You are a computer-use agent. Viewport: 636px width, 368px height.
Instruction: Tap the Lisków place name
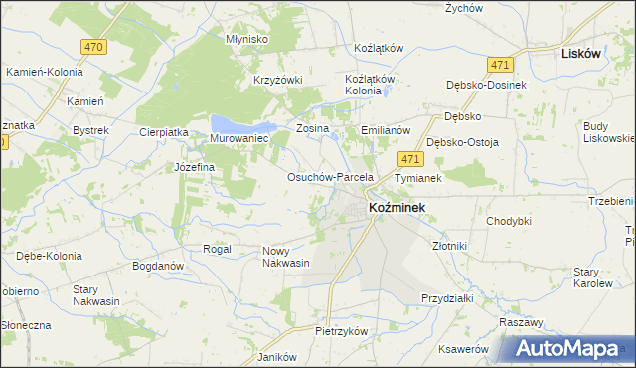pos(581,54)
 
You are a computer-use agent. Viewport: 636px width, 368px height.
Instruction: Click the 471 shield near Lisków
pos(499,64)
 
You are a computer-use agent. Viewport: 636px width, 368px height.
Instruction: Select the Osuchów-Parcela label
pos(329,177)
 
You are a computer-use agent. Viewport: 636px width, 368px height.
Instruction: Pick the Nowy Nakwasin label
pos(285,257)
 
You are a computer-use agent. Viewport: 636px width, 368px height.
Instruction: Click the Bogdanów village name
pos(158,267)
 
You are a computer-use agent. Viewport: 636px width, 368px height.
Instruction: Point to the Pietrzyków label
pos(342,330)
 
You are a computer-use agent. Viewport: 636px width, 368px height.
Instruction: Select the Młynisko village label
pos(247,39)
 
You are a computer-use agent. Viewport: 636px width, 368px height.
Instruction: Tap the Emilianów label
pos(386,130)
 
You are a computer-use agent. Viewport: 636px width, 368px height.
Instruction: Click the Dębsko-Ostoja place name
pos(462,142)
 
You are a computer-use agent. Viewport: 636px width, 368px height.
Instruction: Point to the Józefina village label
pos(195,167)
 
